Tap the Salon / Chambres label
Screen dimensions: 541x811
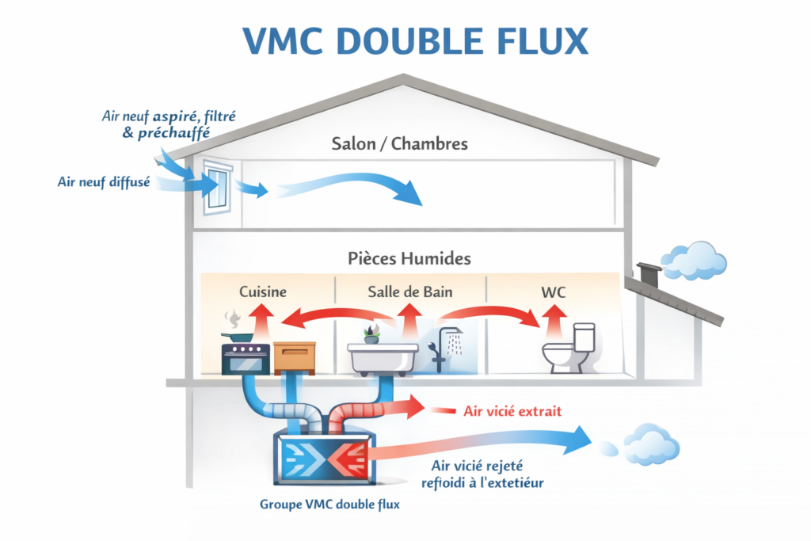[399, 144]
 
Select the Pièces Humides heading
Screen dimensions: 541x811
[409, 259]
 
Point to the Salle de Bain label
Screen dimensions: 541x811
[409, 291]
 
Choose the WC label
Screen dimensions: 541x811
[553, 291]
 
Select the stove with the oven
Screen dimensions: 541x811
[245, 356]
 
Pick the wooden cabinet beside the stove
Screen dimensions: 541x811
[294, 358]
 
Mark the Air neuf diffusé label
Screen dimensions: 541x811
[105, 182]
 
